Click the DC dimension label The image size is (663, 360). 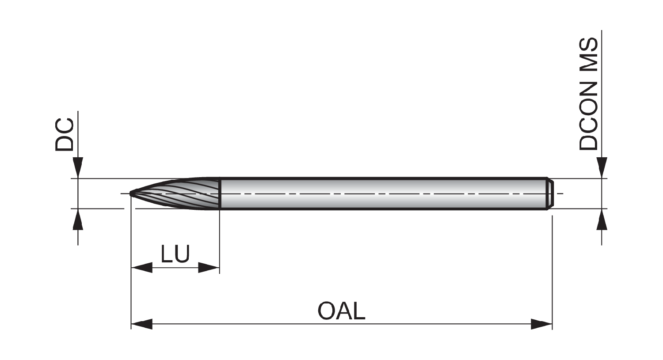point(64,135)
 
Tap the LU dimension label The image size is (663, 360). point(175,254)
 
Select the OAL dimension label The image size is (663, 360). point(342,311)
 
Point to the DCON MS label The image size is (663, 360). point(588,94)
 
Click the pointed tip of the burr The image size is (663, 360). point(130,193)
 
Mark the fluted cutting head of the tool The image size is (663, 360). point(175,193)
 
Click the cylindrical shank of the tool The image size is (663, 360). point(383,193)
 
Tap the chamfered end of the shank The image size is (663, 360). point(549,193)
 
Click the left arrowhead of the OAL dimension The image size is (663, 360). point(141,324)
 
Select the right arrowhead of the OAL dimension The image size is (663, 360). point(541,324)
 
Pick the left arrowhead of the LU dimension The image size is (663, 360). point(141,267)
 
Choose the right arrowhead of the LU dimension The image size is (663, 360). point(209,267)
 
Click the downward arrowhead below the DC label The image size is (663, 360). point(78,168)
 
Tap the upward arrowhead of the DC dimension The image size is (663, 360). point(78,219)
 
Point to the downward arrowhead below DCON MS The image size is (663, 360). point(602,168)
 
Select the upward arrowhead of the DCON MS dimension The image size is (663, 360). point(602,219)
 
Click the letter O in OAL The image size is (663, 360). point(327,311)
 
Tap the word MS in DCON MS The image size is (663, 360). point(588,55)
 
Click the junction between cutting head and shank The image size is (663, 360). point(220,193)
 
